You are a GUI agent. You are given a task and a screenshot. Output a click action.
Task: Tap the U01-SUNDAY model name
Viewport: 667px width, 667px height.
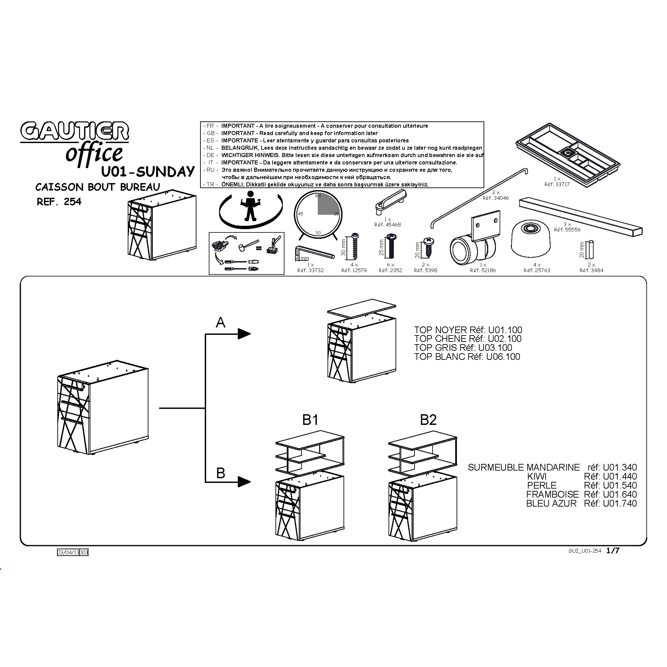(148, 171)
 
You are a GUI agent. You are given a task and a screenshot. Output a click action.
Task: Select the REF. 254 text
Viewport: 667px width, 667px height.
(59, 202)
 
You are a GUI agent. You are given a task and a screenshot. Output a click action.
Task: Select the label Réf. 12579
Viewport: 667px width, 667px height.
(354, 270)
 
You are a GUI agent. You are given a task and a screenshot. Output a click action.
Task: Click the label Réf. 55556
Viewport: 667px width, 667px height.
(567, 229)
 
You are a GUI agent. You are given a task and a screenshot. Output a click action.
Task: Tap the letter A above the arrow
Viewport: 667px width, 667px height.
(220, 323)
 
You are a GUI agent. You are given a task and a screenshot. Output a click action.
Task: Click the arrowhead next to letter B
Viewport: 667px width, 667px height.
(244, 482)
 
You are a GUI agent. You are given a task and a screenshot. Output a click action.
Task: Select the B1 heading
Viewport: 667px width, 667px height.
(310, 420)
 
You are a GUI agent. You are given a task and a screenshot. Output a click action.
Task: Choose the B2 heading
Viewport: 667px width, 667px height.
(428, 420)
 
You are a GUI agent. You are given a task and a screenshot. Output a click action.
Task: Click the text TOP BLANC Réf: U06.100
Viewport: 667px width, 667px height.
(467, 357)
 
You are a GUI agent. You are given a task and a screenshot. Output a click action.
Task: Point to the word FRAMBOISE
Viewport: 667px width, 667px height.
(552, 494)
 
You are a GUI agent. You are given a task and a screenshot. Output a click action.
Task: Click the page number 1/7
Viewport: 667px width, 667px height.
(613, 551)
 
